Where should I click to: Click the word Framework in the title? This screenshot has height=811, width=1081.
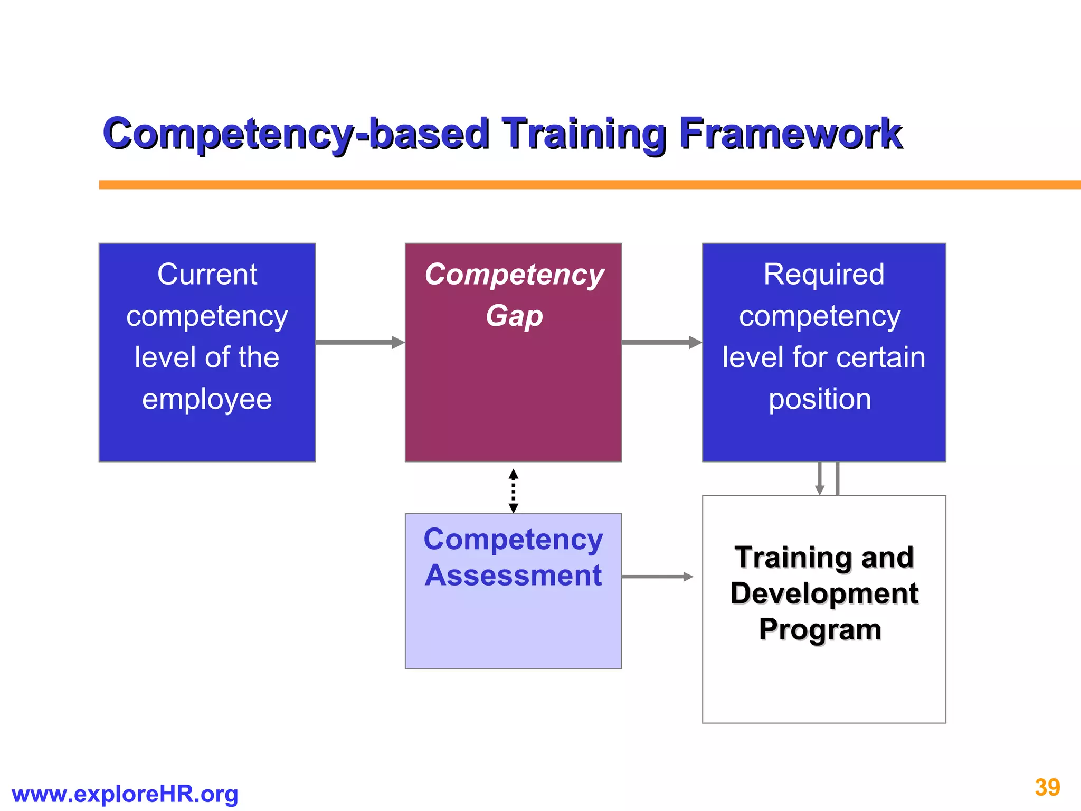(790, 133)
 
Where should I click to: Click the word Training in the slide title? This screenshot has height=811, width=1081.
(584, 133)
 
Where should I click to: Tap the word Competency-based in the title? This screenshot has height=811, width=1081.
(296, 133)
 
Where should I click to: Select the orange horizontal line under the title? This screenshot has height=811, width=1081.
(581, 185)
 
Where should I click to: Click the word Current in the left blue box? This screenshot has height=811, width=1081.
(207, 275)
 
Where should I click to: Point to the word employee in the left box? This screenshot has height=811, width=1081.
(207, 399)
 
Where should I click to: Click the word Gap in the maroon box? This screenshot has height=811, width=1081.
(514, 316)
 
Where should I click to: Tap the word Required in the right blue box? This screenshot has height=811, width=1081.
(823, 275)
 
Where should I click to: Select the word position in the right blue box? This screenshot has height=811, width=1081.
(820, 399)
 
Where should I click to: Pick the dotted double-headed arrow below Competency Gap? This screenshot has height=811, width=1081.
(513, 491)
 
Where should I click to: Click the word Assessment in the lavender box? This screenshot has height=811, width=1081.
(513, 575)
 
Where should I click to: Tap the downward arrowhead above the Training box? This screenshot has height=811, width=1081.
(820, 489)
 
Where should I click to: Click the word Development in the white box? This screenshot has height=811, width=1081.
(824, 593)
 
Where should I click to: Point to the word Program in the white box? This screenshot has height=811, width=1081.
(820, 629)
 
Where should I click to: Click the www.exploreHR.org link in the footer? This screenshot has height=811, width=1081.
(125, 794)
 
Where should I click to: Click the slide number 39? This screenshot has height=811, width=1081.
(1047, 788)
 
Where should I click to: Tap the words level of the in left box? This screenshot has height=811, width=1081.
(207, 357)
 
